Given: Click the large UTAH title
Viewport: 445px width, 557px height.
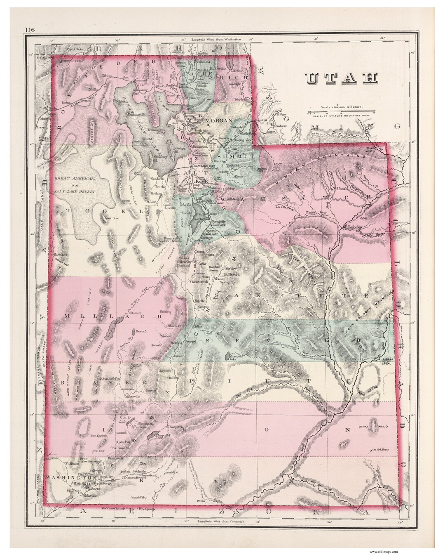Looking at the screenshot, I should tap(342, 79).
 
